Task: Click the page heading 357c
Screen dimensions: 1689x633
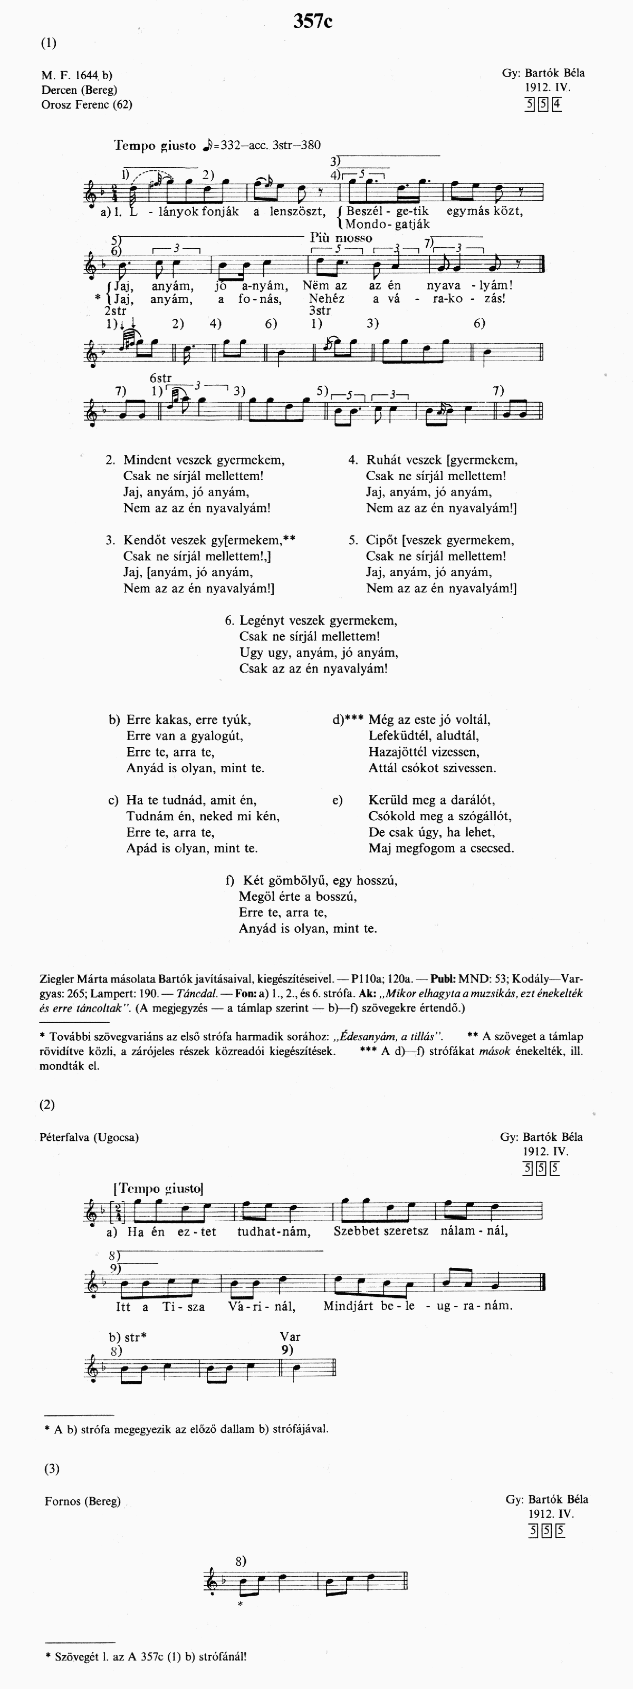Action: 313,22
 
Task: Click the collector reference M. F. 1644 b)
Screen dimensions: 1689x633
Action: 76,75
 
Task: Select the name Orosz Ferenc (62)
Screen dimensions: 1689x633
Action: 87,104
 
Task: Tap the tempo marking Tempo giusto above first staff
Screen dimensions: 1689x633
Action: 155,145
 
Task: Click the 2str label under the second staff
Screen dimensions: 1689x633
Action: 116,311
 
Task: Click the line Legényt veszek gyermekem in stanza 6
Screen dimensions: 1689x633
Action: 318,620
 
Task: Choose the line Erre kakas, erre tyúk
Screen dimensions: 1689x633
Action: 188,719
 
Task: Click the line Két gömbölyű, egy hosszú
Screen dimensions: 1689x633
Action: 320,880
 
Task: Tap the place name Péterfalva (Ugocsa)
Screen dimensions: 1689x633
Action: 89,1138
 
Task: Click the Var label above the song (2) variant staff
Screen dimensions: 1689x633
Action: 290,1337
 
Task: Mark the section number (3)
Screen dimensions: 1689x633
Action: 52,1469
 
